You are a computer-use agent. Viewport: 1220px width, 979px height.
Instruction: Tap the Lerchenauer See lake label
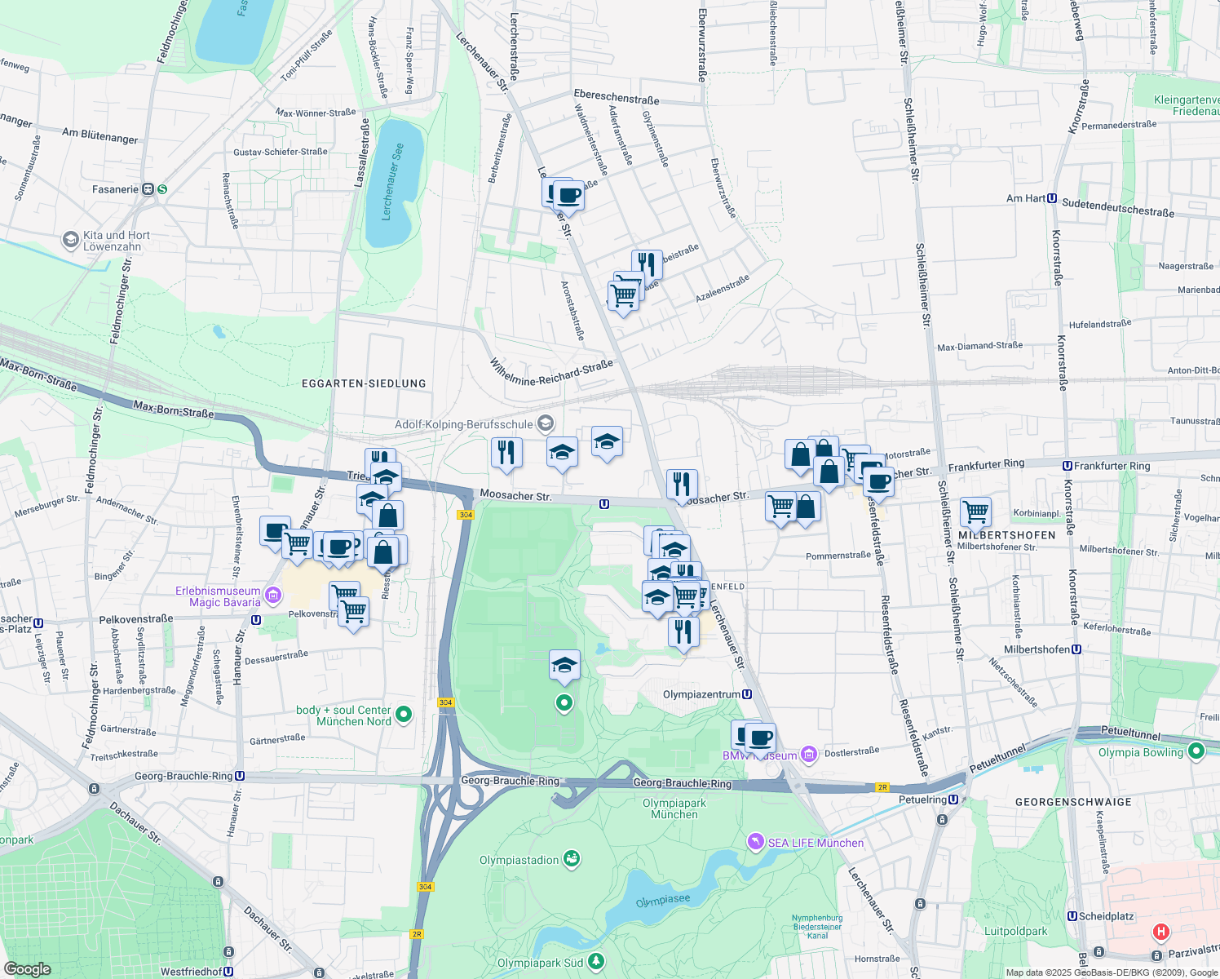click(393, 183)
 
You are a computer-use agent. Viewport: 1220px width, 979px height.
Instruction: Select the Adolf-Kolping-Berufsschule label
click(464, 424)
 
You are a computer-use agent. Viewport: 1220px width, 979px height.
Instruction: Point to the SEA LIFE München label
click(815, 843)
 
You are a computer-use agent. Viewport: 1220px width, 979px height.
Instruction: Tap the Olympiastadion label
click(519, 860)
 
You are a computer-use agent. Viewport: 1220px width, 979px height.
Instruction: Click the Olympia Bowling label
click(1140, 752)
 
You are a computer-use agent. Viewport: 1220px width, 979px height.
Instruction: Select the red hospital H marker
click(1160, 932)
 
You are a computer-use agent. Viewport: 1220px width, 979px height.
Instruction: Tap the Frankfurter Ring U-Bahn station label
click(1111, 466)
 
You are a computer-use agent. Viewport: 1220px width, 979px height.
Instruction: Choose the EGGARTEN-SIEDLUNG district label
click(364, 383)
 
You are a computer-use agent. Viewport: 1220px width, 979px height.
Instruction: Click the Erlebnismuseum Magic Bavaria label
click(219, 596)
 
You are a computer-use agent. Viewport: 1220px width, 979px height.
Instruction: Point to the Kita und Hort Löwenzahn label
click(116, 241)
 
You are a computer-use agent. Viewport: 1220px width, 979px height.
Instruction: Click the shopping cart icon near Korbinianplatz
click(975, 512)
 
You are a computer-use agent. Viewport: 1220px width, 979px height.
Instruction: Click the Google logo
click(27, 969)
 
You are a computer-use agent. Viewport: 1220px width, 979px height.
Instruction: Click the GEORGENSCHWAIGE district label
click(1073, 802)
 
